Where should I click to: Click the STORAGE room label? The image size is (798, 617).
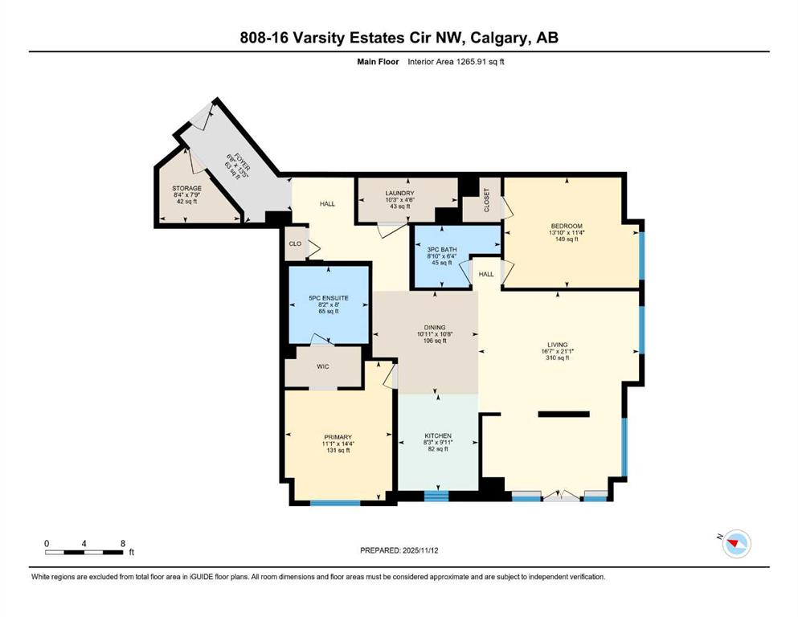[x=186, y=188]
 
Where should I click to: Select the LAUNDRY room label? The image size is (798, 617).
[x=399, y=194]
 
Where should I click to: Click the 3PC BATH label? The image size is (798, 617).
[x=442, y=250]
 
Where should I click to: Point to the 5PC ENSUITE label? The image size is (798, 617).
[x=329, y=298]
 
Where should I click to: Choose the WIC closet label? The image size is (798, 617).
[x=323, y=366]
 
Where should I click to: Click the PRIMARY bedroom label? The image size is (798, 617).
[x=338, y=437]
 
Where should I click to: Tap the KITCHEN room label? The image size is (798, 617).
[x=438, y=436]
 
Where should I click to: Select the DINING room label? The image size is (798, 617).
[x=435, y=328]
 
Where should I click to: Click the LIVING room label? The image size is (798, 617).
[x=558, y=345]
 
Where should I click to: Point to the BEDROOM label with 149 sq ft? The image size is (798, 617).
[x=567, y=227]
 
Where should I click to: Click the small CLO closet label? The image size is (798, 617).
[x=295, y=243]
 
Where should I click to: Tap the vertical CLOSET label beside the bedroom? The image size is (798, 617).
[x=486, y=200]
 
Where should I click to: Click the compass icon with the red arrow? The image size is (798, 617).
[x=736, y=544]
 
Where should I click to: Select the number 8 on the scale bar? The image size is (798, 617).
[x=123, y=544]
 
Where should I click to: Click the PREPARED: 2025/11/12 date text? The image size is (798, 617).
[x=399, y=550]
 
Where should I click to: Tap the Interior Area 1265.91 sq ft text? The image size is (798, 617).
[x=456, y=62]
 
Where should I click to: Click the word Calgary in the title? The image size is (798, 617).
[x=499, y=38]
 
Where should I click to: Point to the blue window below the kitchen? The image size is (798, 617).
[x=436, y=496]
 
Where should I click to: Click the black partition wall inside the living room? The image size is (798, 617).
[x=564, y=414]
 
